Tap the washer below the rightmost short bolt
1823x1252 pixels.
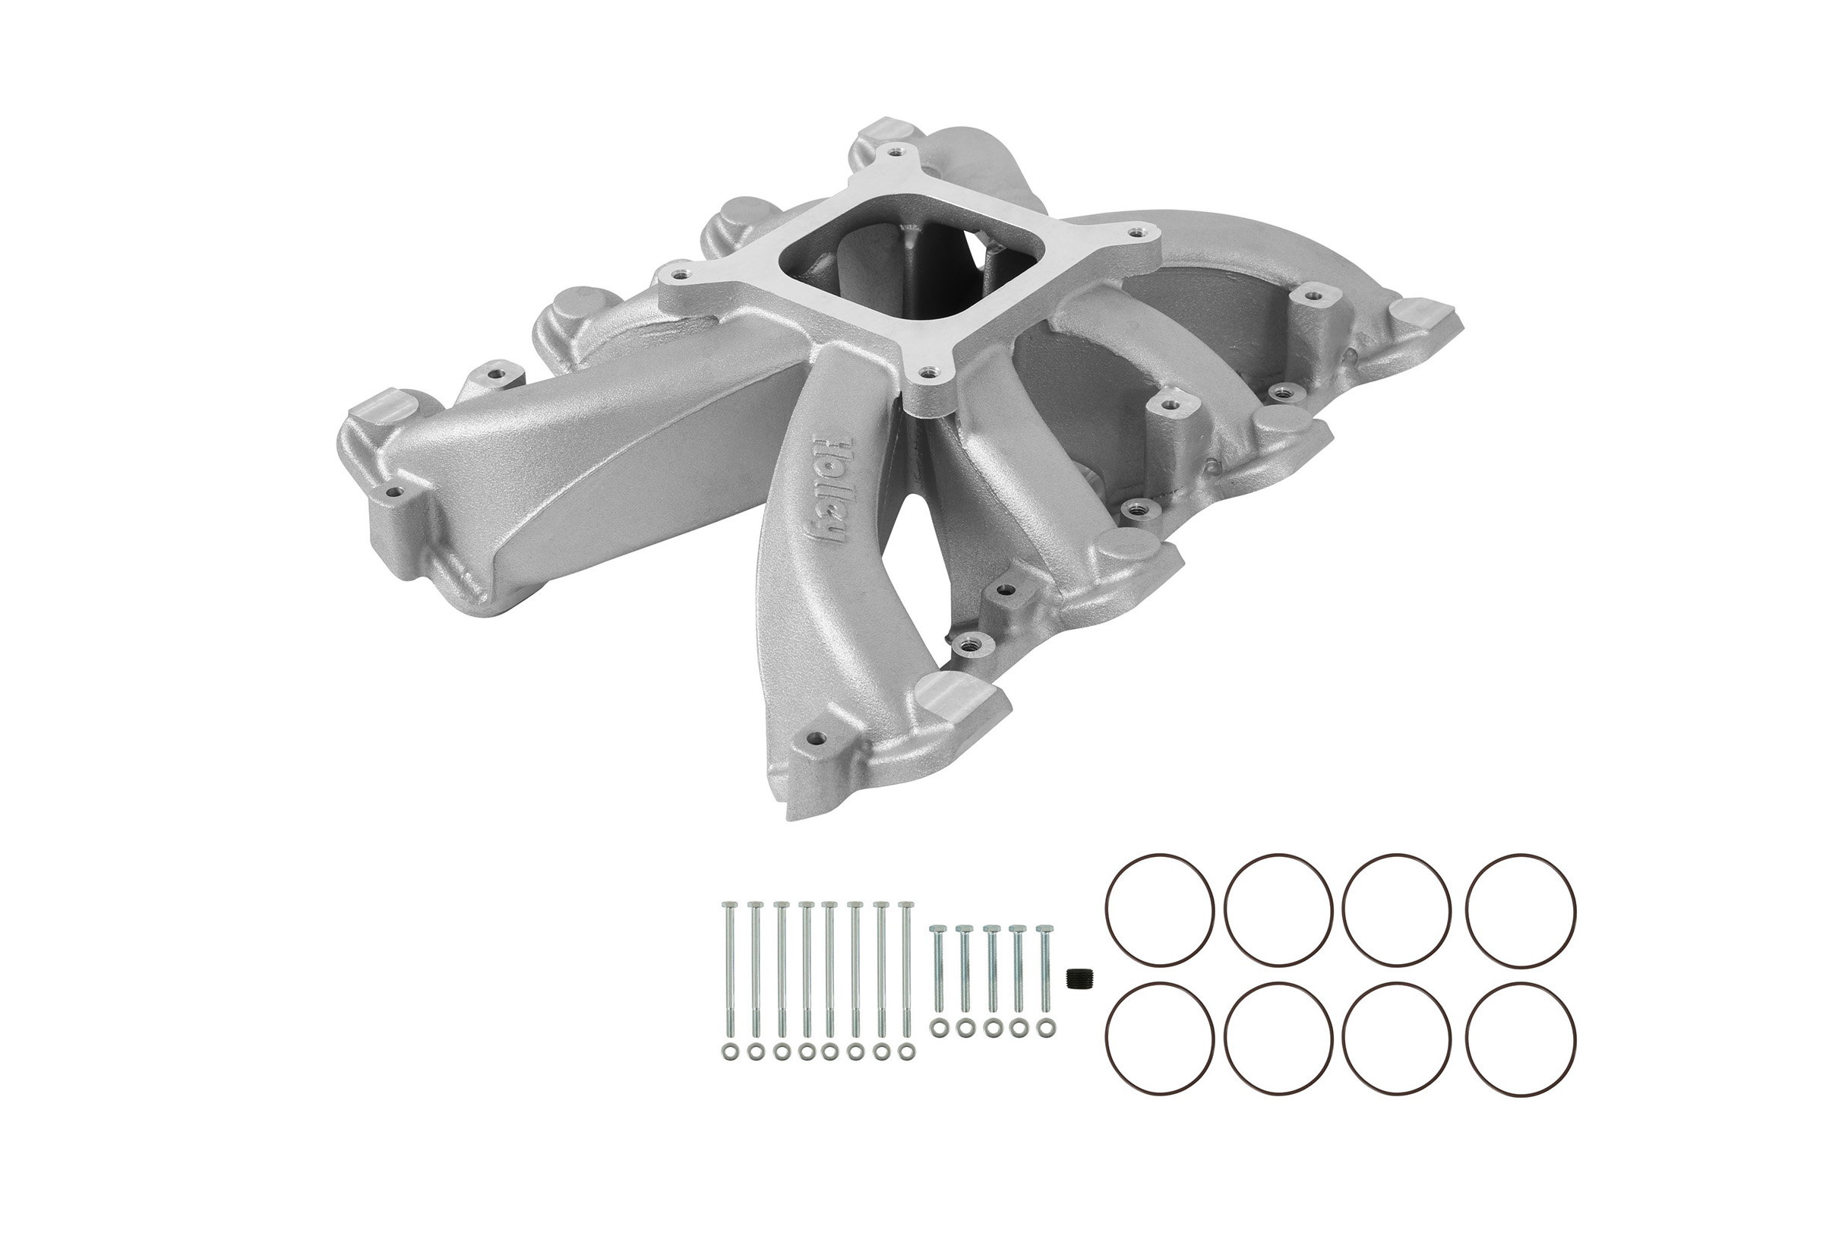tap(1044, 1027)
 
